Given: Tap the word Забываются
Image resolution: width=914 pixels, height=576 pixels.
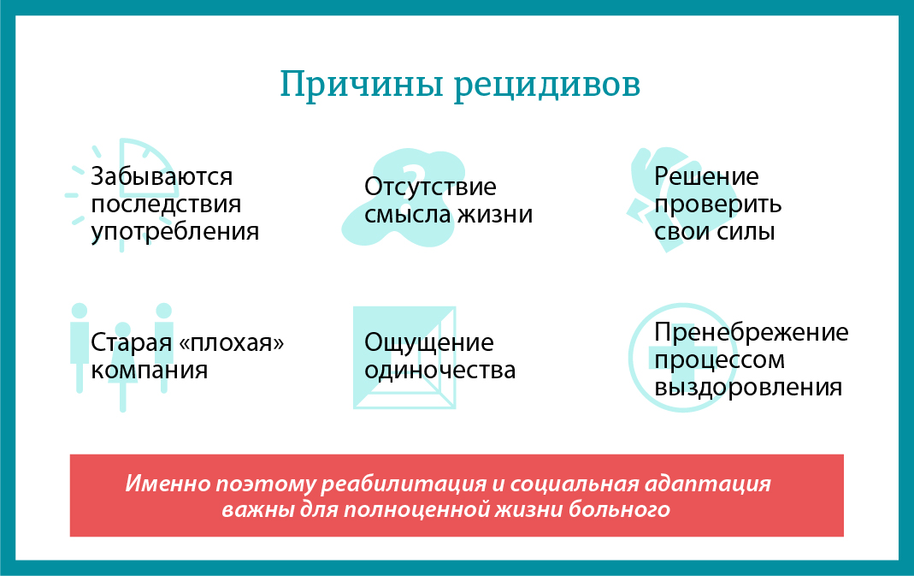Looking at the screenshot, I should pyautogui.click(x=162, y=177).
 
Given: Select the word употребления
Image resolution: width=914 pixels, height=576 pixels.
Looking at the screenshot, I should pyautogui.click(x=174, y=232).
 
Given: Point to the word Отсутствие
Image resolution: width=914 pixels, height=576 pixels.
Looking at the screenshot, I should pyautogui.click(x=429, y=187).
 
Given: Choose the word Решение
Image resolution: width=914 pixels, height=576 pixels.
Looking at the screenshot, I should pyautogui.click(x=706, y=177).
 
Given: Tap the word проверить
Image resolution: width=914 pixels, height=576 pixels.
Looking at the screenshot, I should pyautogui.click(x=717, y=205).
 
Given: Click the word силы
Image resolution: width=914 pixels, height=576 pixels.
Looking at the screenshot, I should pyautogui.click(x=745, y=232).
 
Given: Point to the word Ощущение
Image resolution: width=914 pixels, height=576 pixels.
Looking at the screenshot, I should pyautogui.click(x=428, y=343).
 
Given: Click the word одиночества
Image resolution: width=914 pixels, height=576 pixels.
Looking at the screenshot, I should pyautogui.click(x=439, y=371).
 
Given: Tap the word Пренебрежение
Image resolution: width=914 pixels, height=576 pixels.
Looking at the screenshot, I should pyautogui.click(x=751, y=332).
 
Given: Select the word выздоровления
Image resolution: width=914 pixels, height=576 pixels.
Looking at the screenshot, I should pyautogui.click(x=748, y=387).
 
